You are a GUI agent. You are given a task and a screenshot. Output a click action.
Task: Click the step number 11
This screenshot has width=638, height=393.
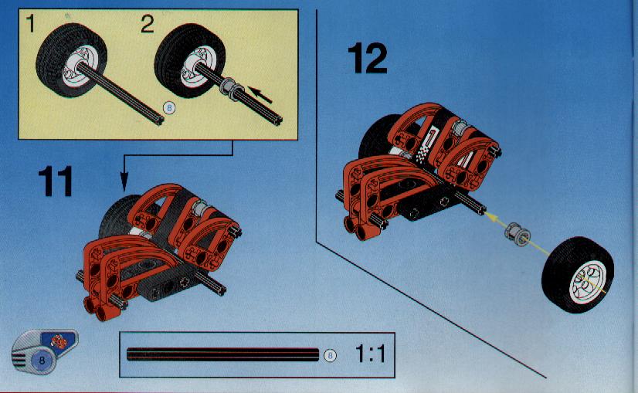56,181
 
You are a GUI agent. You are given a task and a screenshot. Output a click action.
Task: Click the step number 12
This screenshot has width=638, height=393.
368,59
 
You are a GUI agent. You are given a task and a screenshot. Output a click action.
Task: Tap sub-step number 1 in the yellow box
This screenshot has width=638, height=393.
31,24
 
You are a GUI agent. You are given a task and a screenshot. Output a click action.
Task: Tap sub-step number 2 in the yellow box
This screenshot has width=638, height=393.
148,24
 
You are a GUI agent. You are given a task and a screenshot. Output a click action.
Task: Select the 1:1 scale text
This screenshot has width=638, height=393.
370,354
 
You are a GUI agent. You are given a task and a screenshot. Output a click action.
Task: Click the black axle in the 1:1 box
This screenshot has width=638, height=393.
222,354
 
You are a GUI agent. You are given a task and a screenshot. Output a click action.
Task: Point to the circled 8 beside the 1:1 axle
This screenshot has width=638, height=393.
330,356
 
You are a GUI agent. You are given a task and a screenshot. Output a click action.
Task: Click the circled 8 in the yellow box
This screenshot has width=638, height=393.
169,108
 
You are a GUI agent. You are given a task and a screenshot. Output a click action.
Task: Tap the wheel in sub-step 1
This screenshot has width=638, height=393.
71,59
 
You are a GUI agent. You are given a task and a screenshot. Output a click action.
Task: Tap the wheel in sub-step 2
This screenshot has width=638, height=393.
189,61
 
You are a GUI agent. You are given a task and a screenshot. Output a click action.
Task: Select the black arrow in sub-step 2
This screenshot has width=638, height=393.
260,95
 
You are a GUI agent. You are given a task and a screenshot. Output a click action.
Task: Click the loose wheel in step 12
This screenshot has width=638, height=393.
578,275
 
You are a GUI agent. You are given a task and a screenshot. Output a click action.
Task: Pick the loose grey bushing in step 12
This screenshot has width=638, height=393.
518,235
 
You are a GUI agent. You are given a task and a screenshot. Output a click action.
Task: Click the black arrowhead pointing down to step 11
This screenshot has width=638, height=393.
124,182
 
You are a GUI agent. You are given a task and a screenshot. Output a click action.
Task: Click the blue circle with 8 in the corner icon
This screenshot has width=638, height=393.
42,361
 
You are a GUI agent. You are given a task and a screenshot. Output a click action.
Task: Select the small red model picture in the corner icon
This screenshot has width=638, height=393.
59,341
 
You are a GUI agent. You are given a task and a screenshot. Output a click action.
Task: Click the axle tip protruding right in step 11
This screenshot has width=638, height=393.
222,290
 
